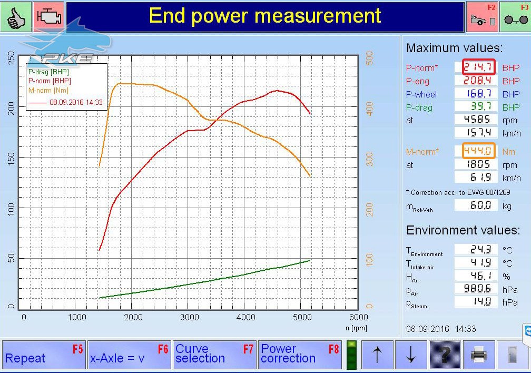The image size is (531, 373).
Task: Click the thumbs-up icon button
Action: click(x=16, y=16)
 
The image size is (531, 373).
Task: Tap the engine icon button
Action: click(x=49, y=16)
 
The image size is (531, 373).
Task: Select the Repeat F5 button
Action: click(x=44, y=355)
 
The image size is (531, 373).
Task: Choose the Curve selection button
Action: click(x=214, y=355)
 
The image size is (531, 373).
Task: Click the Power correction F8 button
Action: click(x=300, y=355)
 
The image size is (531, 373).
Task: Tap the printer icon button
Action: click(x=479, y=355)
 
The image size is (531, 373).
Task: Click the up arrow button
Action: click(x=377, y=355)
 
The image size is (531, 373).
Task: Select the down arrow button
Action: click(x=411, y=355)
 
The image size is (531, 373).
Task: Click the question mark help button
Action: click(x=445, y=355)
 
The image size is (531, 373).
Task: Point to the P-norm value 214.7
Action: click(x=478, y=67)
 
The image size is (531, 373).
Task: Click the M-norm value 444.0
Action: click(x=478, y=151)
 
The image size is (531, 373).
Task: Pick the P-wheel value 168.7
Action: click(x=476, y=93)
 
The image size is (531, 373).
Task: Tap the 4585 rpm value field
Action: click(x=476, y=119)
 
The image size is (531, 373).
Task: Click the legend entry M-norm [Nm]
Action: click(x=48, y=91)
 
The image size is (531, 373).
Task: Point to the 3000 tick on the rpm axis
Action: click(x=189, y=318)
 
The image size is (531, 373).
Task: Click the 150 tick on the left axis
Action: click(x=11, y=158)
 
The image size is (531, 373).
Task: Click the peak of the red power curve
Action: click(x=277, y=91)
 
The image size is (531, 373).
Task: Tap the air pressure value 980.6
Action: click(x=476, y=289)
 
